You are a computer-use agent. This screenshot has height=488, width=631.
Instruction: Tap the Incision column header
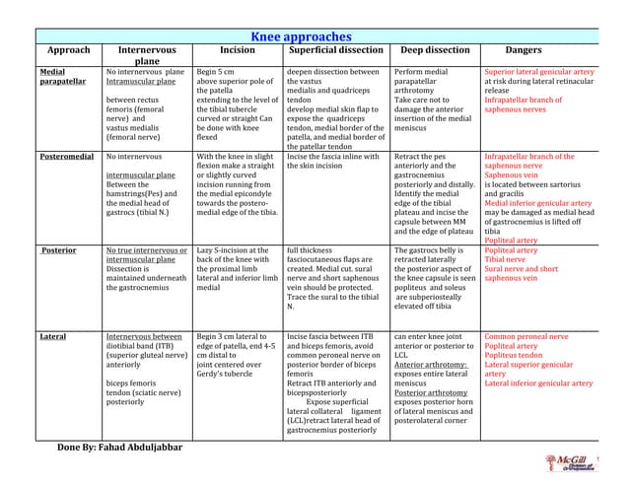(x=237, y=50)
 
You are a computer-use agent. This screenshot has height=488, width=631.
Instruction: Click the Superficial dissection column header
(x=335, y=50)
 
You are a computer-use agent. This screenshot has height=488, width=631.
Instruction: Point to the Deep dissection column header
(x=435, y=50)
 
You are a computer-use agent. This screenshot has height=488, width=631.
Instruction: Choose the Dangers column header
(x=523, y=50)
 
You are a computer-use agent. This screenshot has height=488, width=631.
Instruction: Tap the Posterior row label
(x=58, y=250)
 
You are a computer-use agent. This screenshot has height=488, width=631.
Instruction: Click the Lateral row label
(x=53, y=336)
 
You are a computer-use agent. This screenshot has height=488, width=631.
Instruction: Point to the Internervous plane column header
(x=147, y=55)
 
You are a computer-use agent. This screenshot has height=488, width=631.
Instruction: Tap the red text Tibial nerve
(x=510, y=259)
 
